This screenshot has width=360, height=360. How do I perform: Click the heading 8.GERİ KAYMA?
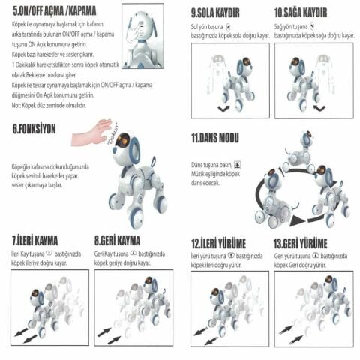pos(118,241)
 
